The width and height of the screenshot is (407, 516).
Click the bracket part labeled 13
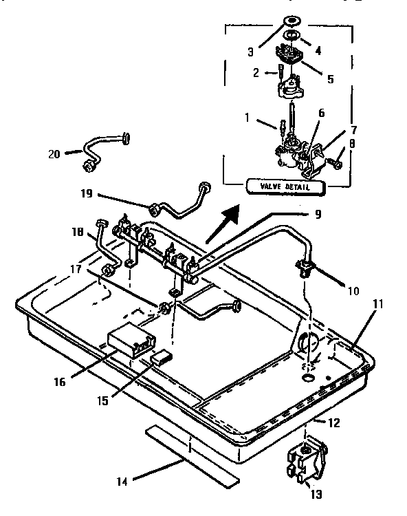[x=305, y=462]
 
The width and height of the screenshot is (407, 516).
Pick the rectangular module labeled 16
[x=129, y=341]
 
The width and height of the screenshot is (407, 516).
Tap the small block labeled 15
[x=163, y=356]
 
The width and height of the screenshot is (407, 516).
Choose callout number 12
[x=333, y=423]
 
